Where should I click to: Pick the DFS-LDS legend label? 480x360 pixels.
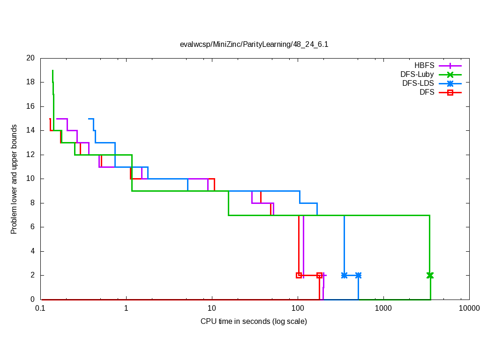418,83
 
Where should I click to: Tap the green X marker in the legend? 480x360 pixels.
450,75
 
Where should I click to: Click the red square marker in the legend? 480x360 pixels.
450,92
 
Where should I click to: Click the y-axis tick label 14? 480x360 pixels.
30,130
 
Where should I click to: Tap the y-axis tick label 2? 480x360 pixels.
32,275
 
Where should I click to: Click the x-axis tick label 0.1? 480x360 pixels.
40,308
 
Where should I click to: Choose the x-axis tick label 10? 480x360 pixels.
212,308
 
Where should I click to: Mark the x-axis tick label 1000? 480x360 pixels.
383,308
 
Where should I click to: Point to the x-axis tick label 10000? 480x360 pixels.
469,308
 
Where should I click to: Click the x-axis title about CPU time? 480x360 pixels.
254,322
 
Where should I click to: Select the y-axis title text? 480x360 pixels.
14,179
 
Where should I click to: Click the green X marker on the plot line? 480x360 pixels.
430,275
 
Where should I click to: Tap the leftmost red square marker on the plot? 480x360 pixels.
299,275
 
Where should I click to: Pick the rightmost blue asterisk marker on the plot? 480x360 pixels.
358,275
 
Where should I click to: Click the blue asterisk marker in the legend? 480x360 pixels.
450,83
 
